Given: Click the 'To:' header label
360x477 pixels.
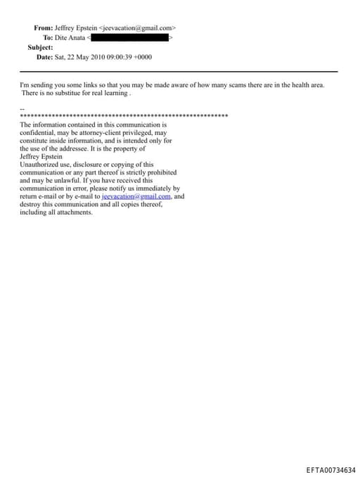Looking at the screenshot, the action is (47, 37).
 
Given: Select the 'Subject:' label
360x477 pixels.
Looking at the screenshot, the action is (40, 47).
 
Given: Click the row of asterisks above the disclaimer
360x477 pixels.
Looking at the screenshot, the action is (124, 115).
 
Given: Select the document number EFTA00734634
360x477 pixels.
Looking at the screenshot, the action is (330, 470).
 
